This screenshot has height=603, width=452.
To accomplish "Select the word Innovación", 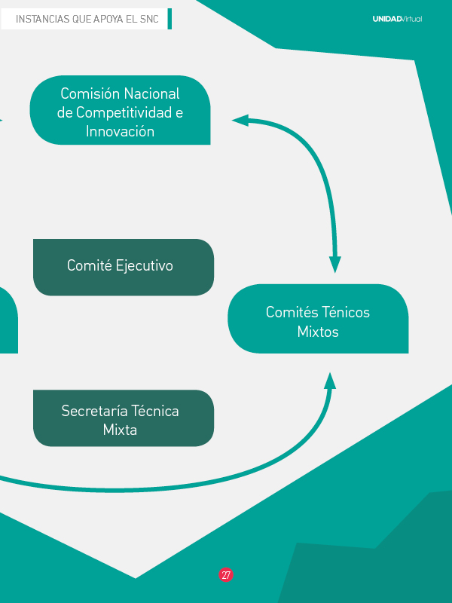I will (x=120, y=132).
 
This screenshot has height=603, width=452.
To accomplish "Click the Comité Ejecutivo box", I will (x=124, y=267).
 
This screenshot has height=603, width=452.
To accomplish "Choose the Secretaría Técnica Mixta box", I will (x=124, y=418).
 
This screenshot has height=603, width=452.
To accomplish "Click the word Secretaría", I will (x=94, y=411).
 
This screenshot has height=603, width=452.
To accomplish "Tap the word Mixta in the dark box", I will (x=120, y=430).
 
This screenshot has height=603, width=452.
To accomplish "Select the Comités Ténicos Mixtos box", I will (x=318, y=319).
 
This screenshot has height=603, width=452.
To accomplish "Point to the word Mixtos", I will (x=318, y=332).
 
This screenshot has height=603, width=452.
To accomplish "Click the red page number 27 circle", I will (x=226, y=574).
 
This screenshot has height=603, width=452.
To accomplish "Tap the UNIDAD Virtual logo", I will (x=397, y=19).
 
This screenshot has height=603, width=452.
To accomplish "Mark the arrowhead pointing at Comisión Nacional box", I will (x=240, y=120).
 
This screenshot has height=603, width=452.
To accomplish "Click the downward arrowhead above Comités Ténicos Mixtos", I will (x=335, y=265).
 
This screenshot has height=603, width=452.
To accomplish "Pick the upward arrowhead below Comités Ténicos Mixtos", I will (x=329, y=380).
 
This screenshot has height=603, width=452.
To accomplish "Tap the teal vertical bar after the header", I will (x=169, y=19).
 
